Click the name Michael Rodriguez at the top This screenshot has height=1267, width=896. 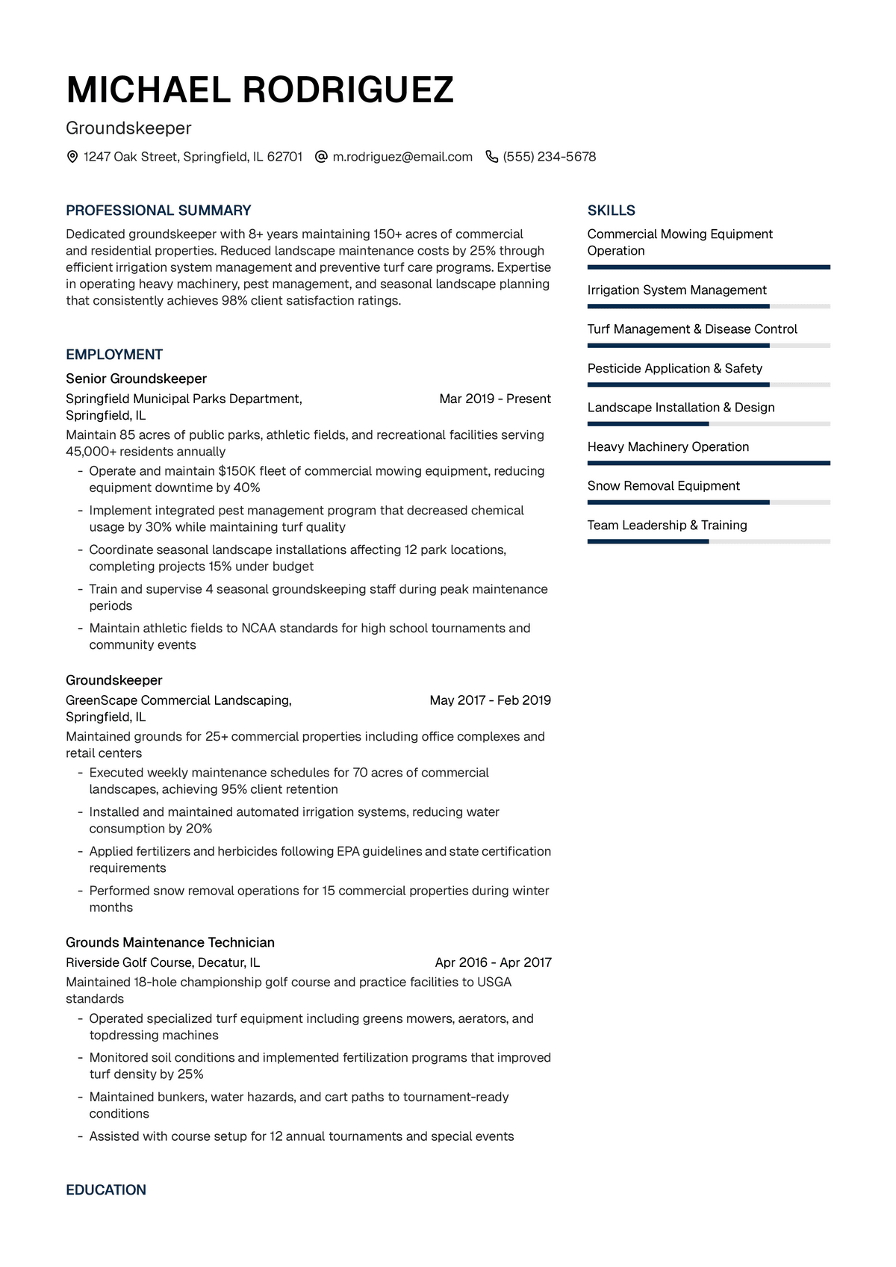[x=260, y=90]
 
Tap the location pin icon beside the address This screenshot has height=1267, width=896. [x=72, y=157]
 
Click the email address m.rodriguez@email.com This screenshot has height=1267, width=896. [x=402, y=157]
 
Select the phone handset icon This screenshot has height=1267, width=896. [x=491, y=157]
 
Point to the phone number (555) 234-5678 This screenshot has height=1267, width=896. [x=550, y=157]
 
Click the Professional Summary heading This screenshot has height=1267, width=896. [x=158, y=211]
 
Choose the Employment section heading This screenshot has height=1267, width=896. [x=114, y=355]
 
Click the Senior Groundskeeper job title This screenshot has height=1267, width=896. [x=136, y=379]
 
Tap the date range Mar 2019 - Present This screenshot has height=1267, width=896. [x=495, y=399]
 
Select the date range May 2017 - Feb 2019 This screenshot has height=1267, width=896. [x=490, y=700]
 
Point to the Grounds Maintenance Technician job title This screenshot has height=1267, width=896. [x=170, y=942]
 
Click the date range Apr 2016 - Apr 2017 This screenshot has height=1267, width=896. [x=493, y=962]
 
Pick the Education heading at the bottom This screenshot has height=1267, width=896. [x=106, y=1190]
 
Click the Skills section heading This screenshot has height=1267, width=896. [x=612, y=211]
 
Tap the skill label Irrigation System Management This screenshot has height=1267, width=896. [x=676, y=290]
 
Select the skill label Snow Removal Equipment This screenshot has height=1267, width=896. [x=663, y=485]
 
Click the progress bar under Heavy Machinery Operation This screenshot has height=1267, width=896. [x=709, y=463]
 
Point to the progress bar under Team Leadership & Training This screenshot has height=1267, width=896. [x=709, y=541]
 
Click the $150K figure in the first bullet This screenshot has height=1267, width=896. [x=237, y=471]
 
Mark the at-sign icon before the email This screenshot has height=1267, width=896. [x=321, y=157]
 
